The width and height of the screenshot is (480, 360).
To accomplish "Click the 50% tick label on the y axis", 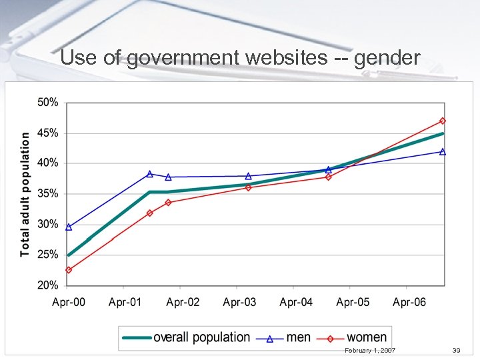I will coord(48,103).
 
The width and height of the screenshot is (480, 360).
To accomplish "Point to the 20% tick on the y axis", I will coord(48,285).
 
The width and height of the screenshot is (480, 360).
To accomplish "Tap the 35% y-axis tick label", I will coord(48,194).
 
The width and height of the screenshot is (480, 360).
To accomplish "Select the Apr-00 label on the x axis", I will coord(69,302).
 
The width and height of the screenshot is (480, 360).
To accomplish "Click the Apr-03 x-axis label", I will coord(239,302).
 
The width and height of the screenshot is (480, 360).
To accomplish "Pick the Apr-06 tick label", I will coord(409,302).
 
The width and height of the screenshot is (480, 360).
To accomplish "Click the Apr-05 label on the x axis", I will coord(353,302).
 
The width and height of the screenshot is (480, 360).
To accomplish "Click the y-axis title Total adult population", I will coord(25,193).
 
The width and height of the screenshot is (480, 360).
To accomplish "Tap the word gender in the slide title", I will coord(387,59).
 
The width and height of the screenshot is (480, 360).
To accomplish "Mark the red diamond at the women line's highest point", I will coord(443,121).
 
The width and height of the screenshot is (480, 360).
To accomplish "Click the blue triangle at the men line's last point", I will coord(443,151).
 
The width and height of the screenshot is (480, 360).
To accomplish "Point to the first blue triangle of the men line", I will coord(69,227).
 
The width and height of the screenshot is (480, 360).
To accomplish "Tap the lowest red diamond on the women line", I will coord(69,270).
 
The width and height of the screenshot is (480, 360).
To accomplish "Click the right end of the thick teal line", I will coord(443,133).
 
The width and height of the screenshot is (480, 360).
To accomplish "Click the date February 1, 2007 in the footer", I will coord(370,350).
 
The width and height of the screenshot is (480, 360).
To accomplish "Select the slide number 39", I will coord(456,350).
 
